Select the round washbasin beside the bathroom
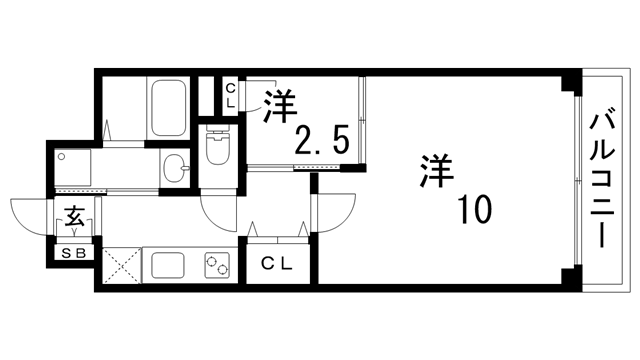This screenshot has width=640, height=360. click(175, 169)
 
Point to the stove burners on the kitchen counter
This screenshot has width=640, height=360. click(217, 267)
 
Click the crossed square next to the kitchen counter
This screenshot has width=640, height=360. click(119, 267)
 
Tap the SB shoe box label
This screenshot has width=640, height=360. click(75, 253)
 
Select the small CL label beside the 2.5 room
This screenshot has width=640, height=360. click(230, 96)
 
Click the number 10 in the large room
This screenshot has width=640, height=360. click(475, 210)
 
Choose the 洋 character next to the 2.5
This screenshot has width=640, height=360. click(280, 105)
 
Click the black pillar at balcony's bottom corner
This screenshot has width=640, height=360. click(569, 277)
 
